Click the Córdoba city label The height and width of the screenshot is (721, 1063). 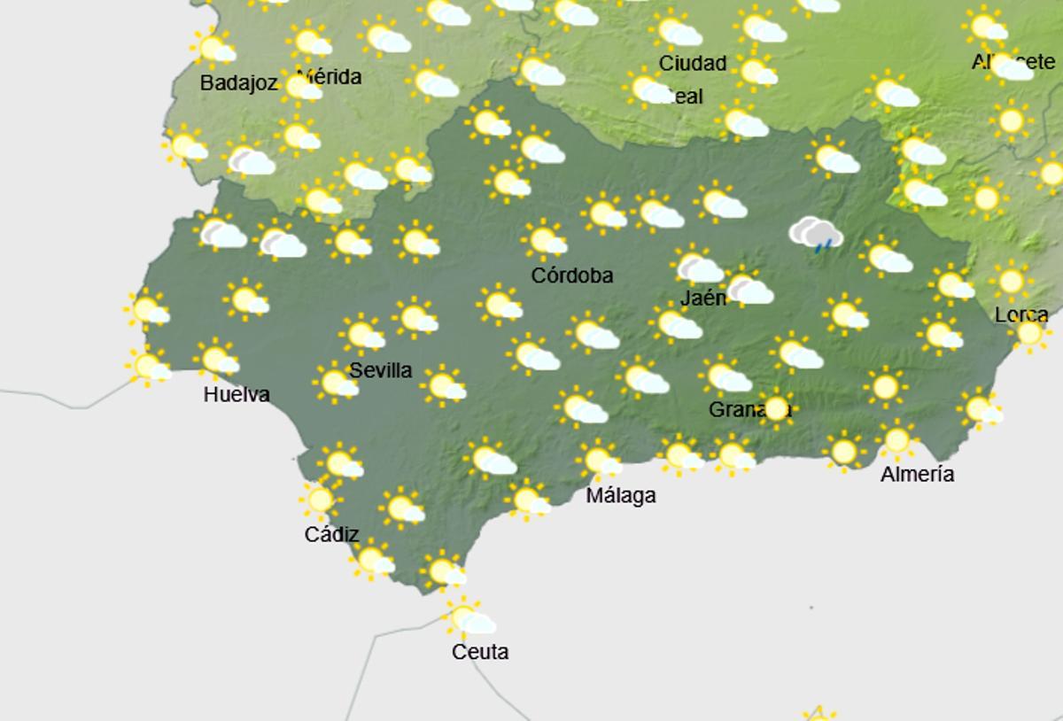571,275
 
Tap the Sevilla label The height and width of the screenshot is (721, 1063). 381,370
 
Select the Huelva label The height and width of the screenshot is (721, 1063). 237,394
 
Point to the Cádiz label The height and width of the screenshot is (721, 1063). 331,534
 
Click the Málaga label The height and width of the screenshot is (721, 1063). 621,496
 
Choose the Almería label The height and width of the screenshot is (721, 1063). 917,475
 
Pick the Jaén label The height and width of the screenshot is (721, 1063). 703,298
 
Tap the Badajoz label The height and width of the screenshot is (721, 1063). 239,83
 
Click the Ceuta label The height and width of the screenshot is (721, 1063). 480,652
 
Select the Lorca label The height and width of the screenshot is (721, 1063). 1021,314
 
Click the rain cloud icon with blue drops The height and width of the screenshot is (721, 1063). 817,235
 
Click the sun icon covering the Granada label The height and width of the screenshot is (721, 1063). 777,408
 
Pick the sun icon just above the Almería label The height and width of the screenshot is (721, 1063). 896,439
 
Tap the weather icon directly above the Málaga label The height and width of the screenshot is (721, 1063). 600,461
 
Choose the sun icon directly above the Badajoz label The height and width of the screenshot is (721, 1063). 213,48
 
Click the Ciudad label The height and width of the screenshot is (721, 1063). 693,63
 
